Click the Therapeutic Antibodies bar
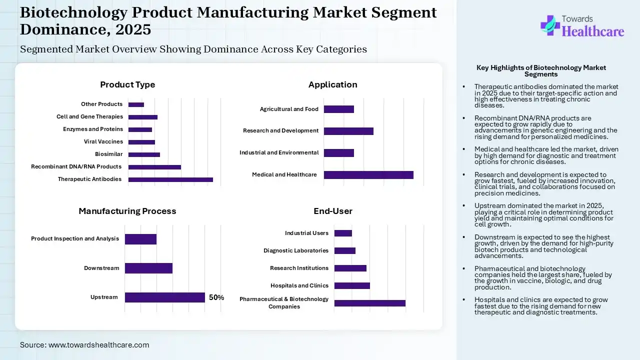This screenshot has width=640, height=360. tap(170, 179)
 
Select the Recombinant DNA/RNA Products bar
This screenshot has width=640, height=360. tap(154, 167)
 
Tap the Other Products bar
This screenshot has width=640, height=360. tap(136, 104)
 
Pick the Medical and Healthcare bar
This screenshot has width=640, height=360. tap(368, 174)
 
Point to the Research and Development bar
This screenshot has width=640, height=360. tap(348, 131)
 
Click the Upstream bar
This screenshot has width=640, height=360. tap(164, 297)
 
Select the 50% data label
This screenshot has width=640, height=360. tap(216, 297)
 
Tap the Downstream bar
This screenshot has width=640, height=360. tap(148, 268)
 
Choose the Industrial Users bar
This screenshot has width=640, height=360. tap(343, 233)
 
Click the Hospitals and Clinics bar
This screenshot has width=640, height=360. tap(352, 285)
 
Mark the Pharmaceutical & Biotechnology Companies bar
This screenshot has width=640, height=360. tap(369, 303)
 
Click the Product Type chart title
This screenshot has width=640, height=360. tap(127, 84)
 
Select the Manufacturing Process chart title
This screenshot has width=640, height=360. tap(127, 211)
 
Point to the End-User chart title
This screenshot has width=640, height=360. tap(333, 211)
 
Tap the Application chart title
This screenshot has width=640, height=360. tap(333, 84)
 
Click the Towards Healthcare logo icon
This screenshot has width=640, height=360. tap(550, 25)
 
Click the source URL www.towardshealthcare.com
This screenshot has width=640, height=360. tap(98, 345)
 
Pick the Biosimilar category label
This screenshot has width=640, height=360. tap(108, 154)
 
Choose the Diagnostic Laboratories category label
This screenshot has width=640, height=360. tap(296, 250)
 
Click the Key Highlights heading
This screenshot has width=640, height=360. tap(541, 71)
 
